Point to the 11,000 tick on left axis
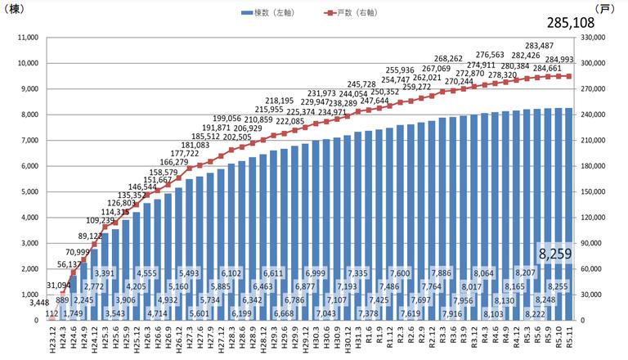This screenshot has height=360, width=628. [x=28, y=38]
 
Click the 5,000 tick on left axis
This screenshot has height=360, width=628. [x=29, y=191]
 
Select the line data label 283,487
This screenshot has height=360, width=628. [x=542, y=46]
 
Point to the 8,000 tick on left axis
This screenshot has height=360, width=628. [x=29, y=115]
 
